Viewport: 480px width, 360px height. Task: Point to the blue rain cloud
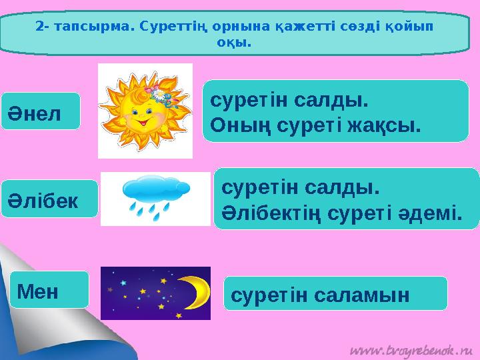(155, 187)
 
